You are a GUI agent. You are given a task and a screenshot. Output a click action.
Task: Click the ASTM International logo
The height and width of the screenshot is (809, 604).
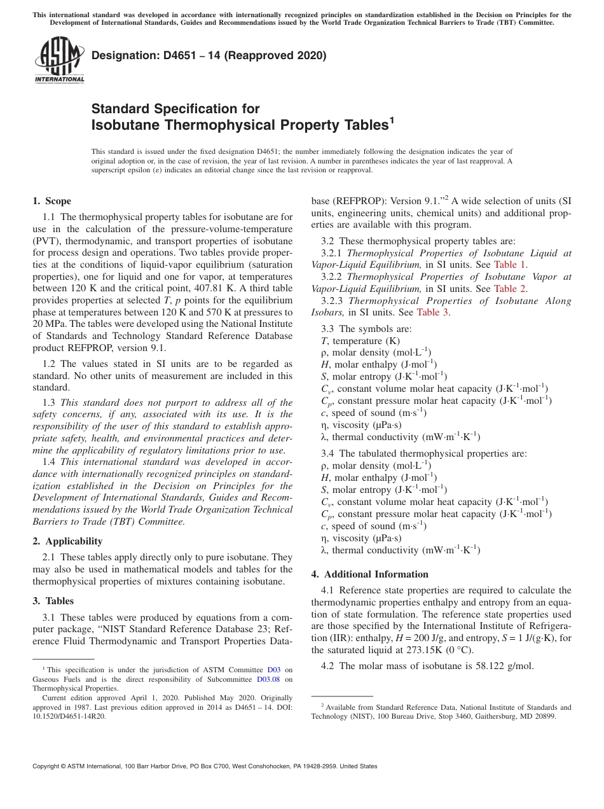pyautogui.click(x=59, y=60)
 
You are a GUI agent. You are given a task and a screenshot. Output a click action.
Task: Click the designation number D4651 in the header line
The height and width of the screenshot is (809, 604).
pyautogui.click(x=163, y=55)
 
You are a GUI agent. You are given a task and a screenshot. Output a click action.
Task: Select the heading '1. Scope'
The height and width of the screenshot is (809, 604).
pyautogui.click(x=52, y=201)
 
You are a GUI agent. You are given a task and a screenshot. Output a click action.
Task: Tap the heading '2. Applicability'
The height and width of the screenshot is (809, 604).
pyautogui.click(x=67, y=541)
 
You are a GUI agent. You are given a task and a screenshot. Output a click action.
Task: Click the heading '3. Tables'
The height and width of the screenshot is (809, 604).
pyautogui.click(x=53, y=601)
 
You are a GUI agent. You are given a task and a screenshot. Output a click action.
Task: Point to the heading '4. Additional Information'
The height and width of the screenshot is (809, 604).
pyautogui.click(x=370, y=574)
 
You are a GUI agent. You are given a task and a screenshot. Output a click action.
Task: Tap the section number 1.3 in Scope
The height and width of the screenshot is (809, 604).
pyautogui.click(x=49, y=403)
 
